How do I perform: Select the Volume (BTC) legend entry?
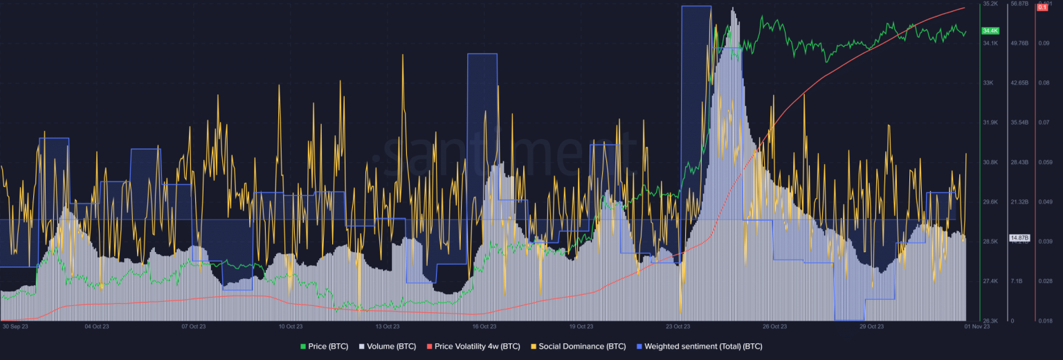click(388, 346)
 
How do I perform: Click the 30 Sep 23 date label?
click(15, 325)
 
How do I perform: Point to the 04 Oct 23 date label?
click(96, 325)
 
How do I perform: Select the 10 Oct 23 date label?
click(291, 325)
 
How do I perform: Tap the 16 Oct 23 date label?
click(484, 325)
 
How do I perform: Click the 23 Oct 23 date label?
click(678, 325)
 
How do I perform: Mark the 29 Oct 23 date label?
click(872, 325)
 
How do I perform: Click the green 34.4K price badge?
click(990, 31)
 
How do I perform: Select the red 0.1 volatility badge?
click(1042, 7)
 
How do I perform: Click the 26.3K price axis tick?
click(990, 321)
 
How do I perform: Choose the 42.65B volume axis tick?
click(1021, 83)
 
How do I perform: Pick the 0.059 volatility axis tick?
click(1044, 163)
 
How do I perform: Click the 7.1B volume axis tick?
click(1017, 281)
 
